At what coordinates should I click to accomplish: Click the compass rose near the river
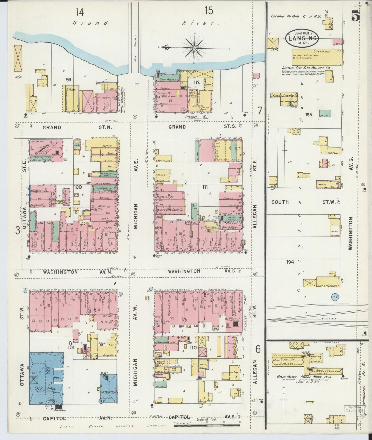coord(194,48)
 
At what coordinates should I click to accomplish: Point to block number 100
coord(78,187)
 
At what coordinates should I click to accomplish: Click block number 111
coord(205,187)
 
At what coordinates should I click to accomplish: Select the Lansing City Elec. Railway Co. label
coord(307,68)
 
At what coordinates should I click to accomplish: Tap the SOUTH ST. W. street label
coord(304,202)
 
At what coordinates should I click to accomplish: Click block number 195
coord(309,115)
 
